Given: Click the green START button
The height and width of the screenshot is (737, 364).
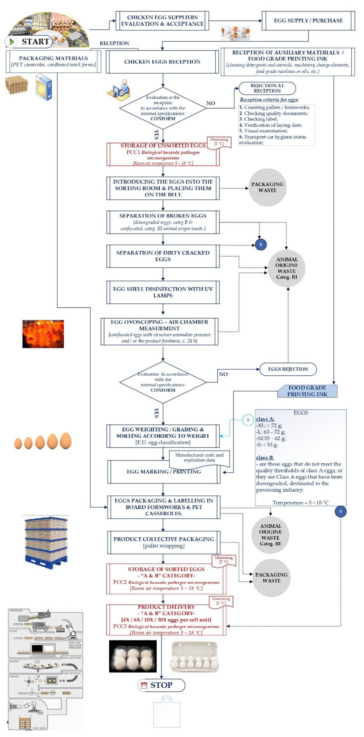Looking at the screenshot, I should click(x=29, y=42).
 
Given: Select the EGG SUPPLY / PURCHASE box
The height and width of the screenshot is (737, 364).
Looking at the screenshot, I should click(x=308, y=21).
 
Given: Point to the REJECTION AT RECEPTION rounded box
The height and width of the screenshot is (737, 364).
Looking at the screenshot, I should click(x=267, y=88).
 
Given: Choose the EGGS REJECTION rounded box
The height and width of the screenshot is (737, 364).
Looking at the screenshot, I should click(x=288, y=369).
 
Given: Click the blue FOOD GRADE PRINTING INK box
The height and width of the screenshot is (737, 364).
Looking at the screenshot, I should click(x=307, y=391).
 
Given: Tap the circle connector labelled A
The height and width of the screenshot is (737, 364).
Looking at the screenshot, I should click(x=248, y=420).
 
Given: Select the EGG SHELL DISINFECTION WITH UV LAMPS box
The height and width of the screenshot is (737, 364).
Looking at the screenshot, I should click(x=163, y=292).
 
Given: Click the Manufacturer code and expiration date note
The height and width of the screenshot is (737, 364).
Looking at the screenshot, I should click(x=199, y=457).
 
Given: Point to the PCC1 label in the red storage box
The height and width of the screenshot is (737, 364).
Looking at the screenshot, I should click(x=133, y=152).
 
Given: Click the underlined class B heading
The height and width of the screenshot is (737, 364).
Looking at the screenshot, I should click(x=265, y=457).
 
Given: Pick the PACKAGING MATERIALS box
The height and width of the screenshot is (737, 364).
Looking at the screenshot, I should click(x=54, y=61).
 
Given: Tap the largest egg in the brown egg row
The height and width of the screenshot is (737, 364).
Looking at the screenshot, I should click(x=65, y=441).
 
